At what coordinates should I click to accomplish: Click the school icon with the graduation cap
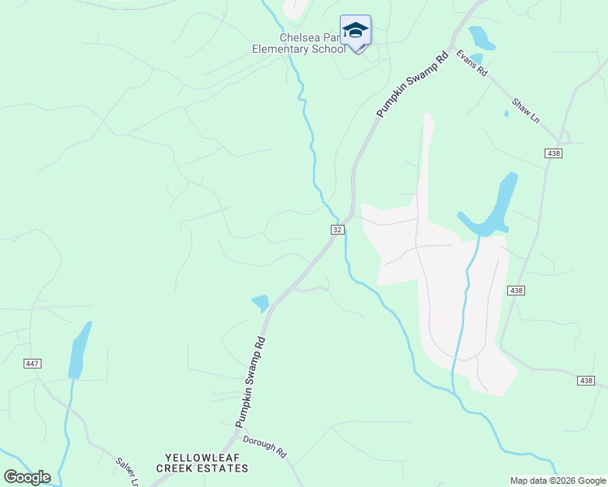point(355,32)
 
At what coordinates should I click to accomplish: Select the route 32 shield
point(337,230)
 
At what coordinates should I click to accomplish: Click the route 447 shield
point(33,363)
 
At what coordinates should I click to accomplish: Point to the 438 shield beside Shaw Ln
point(554,153)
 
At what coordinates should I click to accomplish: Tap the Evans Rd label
point(471,63)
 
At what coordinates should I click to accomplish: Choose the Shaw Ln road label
point(525,111)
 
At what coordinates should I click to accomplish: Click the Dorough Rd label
point(264,446)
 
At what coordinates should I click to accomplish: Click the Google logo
point(27,477)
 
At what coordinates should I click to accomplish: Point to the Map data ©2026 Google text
point(558,481)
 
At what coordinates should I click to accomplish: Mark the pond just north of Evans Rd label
point(480,37)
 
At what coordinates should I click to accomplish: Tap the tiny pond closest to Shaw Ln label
point(506,114)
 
